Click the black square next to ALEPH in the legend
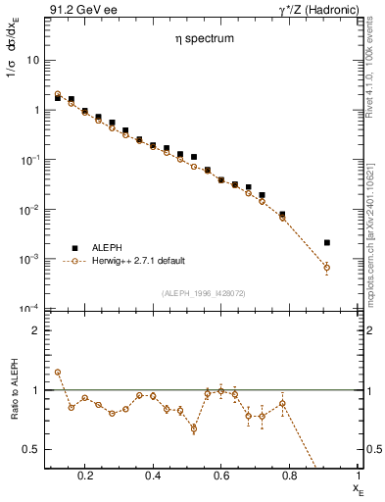72,247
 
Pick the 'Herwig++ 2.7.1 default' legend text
136,261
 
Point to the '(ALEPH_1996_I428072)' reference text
204,292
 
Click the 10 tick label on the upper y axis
33,60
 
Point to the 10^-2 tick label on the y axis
30,209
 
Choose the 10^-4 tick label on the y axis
30,309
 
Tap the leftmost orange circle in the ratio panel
58,373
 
